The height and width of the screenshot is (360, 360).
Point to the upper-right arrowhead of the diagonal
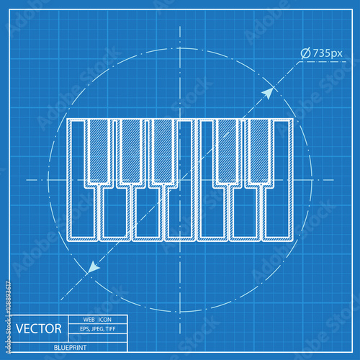pyautogui.click(x=269, y=91)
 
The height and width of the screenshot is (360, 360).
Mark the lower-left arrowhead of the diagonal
pyautogui.click(x=91, y=268)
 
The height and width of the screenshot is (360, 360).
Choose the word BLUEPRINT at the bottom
pyautogui.click(x=71, y=348)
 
